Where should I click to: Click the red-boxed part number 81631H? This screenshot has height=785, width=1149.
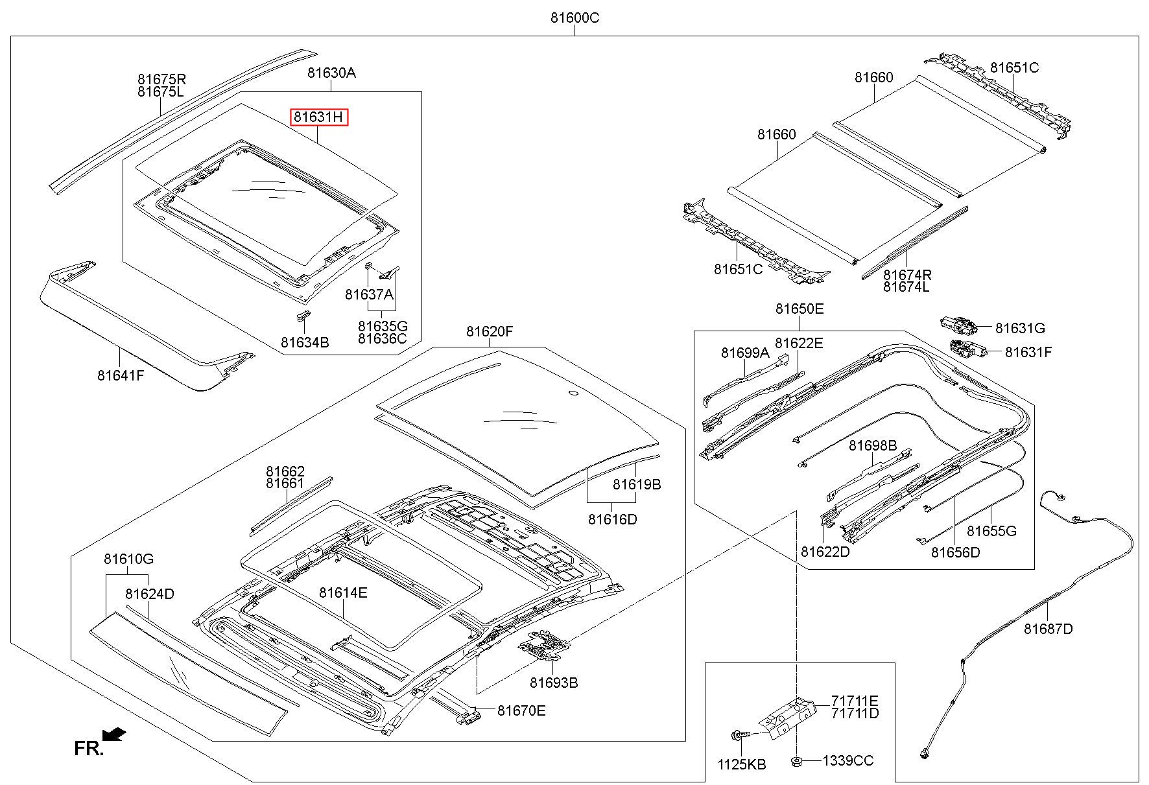319,117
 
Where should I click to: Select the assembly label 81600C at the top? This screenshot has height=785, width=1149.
574,18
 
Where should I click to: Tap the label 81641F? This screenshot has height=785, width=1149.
121,375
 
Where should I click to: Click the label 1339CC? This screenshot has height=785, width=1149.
848,761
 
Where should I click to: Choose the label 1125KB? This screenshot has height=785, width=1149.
742,765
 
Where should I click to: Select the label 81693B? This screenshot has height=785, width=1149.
554,683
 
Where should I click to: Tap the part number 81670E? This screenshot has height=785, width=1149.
521,711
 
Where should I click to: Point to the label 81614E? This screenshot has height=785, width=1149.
343,592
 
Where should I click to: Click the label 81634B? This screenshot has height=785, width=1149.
305,342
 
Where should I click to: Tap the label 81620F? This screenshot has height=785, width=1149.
490,332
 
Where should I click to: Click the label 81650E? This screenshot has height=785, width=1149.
800,309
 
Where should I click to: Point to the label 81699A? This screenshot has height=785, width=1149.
745,353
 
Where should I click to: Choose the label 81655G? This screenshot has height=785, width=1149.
991,532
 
